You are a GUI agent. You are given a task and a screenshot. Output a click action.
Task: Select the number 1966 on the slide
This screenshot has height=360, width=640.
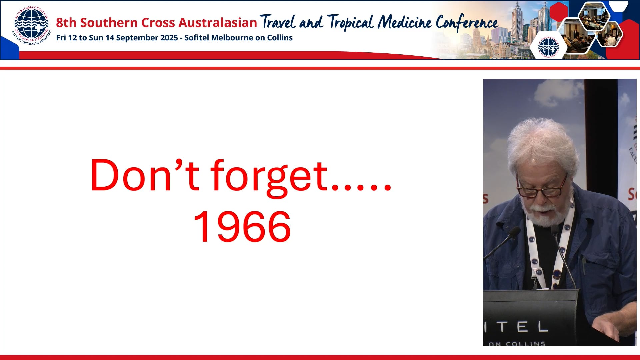(242, 227)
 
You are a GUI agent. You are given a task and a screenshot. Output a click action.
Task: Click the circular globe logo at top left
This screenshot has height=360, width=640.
(31, 26)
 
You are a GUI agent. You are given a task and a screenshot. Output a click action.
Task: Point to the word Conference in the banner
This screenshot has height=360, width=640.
(467, 23)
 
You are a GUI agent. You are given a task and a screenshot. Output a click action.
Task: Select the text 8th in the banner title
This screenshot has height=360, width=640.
(66, 23)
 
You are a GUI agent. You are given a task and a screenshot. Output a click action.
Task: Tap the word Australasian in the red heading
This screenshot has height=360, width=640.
(218, 23)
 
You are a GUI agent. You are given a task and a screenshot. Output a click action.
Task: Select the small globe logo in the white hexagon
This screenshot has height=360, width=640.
(548, 47)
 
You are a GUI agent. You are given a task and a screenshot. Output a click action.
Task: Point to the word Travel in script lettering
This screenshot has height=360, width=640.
(277, 23)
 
